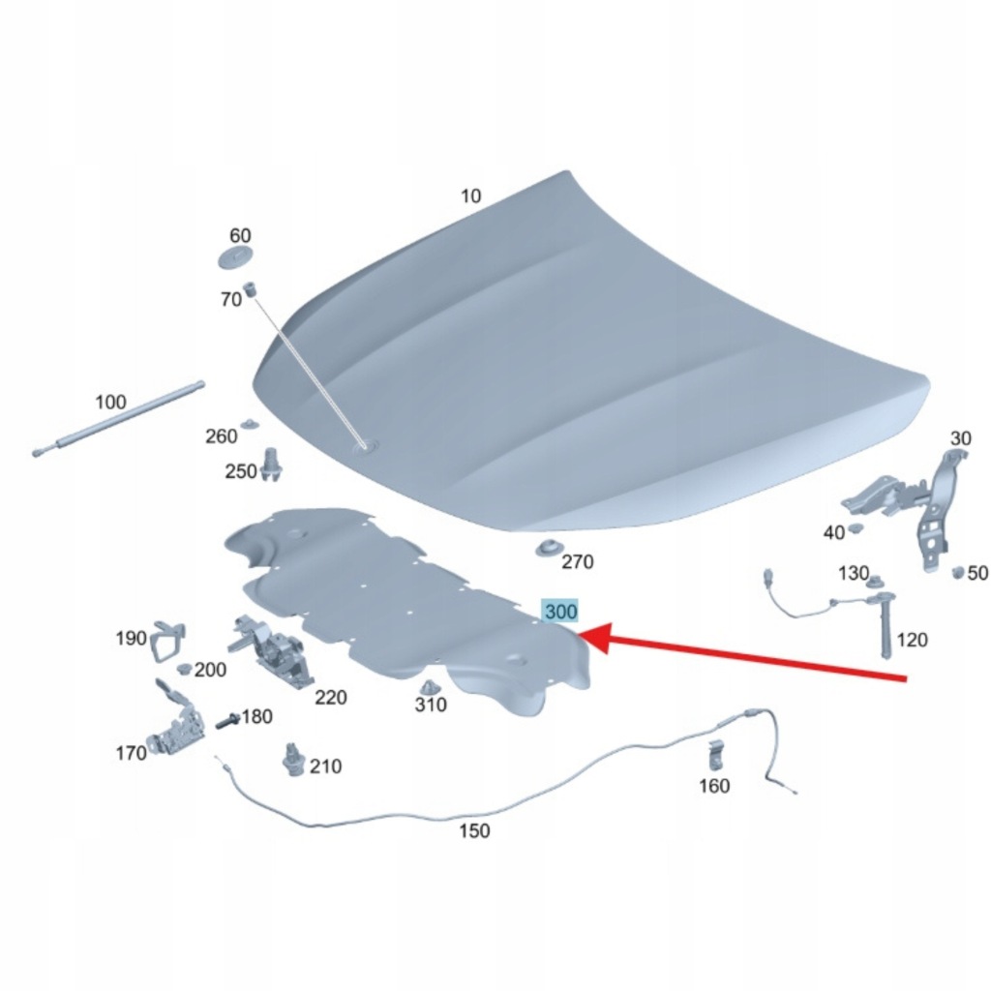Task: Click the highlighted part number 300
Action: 560,612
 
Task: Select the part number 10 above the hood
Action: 470,195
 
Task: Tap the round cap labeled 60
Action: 235,257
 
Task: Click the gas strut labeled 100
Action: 119,418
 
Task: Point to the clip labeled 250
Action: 272,465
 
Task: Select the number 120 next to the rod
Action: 912,641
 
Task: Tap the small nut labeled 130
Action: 875,581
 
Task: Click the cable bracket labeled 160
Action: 715,755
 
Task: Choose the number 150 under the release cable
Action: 474,830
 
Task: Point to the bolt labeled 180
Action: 227,720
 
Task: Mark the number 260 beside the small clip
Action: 222,436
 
